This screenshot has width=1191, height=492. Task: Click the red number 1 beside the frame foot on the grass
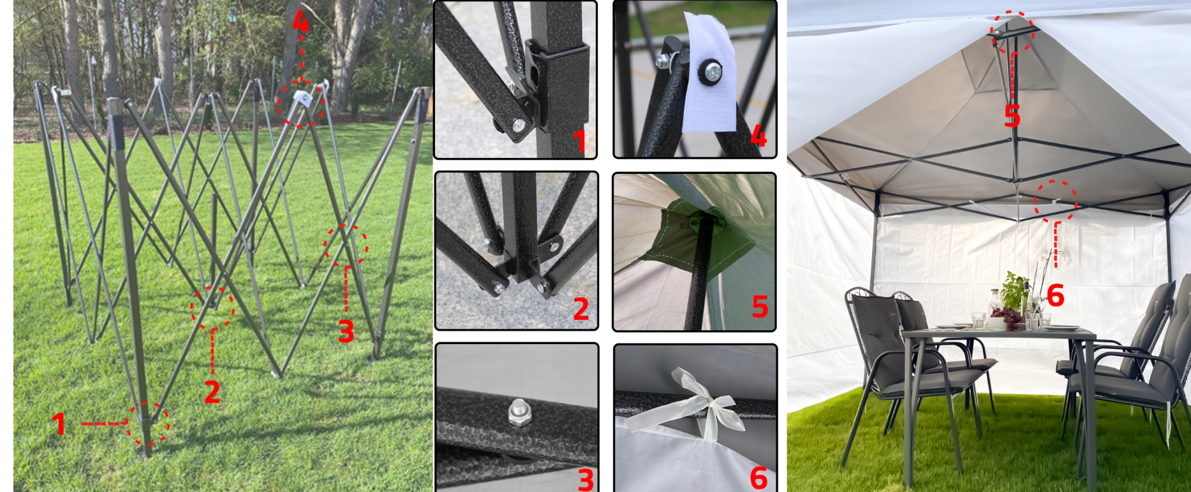tap(59, 424)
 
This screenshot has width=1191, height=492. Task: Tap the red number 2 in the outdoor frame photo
tap(212, 391)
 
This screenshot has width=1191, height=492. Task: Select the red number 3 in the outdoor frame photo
tap(346, 331)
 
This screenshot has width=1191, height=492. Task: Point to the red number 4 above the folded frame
tap(300, 22)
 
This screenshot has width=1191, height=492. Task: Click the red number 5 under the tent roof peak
tap(1012, 116)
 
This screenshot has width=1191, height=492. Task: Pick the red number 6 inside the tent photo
tap(1055, 296)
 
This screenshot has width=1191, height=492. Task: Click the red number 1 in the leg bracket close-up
tap(579, 140)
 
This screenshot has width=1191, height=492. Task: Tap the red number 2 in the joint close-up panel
tap(581, 309)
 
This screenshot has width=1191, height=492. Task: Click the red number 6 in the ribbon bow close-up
tap(758, 478)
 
